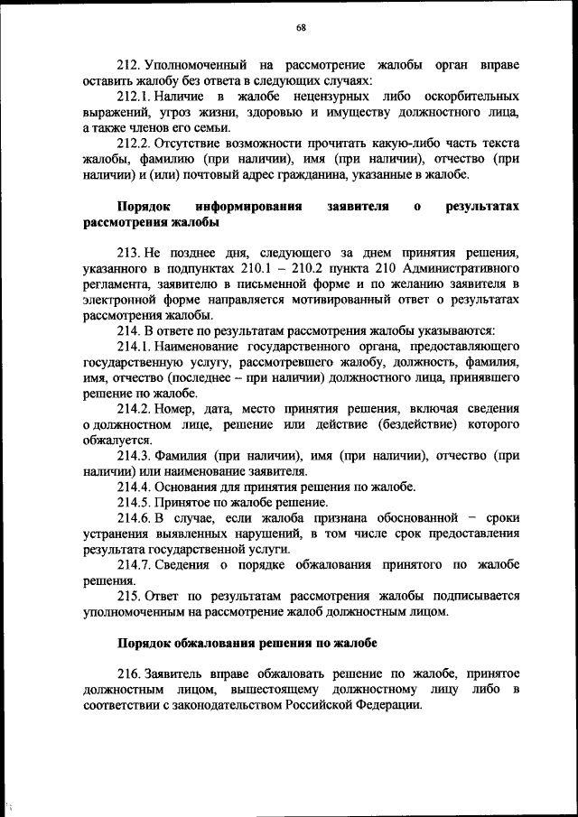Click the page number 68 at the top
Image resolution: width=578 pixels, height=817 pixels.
(x=301, y=28)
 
